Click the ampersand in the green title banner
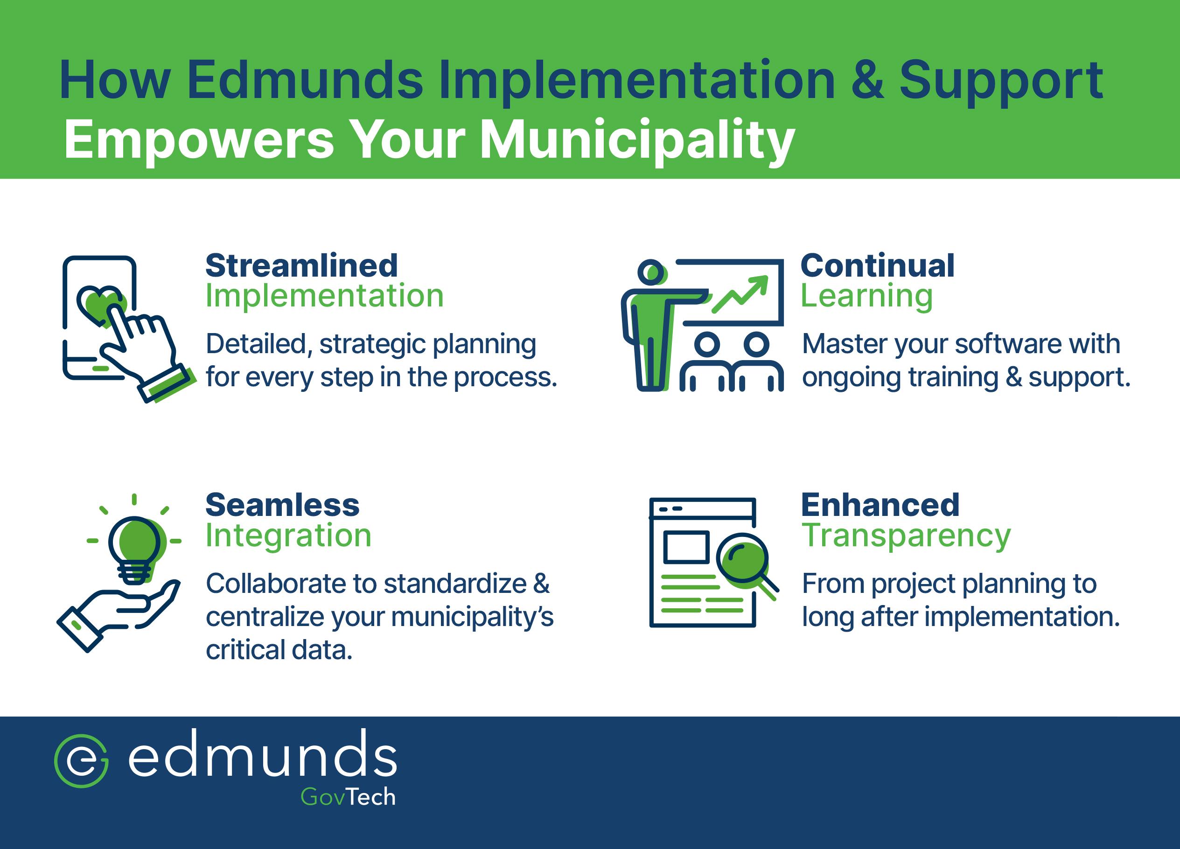[867, 81]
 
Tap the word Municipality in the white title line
[637, 140]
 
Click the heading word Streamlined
[301, 266]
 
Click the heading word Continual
[877, 266]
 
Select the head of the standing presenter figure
[651, 271]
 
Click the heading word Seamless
[282, 505]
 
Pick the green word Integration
[288, 536]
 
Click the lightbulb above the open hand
[135, 546]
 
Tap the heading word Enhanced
[880, 505]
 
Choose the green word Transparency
[905, 536]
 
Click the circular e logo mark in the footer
[82, 760]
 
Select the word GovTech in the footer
[348, 797]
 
